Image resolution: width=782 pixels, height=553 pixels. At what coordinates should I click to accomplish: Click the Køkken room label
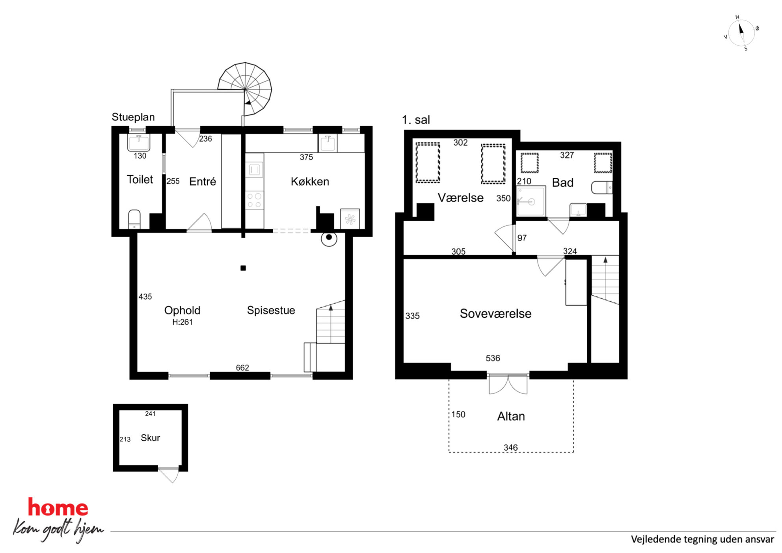coord(310,181)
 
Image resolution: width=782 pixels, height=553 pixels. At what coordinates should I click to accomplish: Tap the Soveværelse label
coord(495,313)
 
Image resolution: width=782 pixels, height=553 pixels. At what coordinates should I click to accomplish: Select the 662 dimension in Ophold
coord(242,367)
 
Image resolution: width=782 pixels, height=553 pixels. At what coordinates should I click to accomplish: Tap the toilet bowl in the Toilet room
coord(134,219)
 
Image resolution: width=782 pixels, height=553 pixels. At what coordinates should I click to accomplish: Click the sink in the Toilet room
coord(139,142)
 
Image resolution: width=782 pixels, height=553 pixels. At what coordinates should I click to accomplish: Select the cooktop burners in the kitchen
coord(254,200)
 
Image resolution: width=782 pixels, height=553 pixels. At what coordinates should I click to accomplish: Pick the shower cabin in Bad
coord(531,201)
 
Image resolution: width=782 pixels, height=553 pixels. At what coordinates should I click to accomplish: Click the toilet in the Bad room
coord(602,187)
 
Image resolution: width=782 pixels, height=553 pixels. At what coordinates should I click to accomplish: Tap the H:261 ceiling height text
coord(182,322)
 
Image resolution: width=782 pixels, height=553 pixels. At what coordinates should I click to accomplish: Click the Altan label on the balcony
coord(511,416)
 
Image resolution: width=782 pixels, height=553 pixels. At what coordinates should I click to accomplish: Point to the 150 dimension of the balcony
coord(458,414)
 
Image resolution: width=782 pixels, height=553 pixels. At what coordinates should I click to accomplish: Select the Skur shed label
coord(150,438)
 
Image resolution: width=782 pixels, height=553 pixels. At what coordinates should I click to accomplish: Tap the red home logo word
coord(58,507)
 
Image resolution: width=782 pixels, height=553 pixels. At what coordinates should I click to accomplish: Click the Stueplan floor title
coord(133,117)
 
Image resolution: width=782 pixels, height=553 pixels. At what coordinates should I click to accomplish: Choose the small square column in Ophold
coord(243,268)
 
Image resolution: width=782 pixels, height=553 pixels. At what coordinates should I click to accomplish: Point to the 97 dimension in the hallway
coord(522,238)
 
